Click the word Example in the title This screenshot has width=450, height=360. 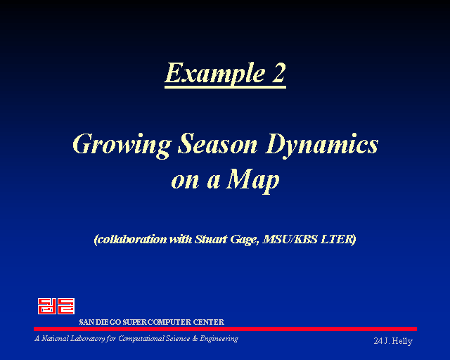pos(214,73)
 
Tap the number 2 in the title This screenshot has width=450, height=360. pos(278,72)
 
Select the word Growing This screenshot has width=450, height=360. pos(122,146)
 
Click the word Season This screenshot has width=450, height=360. pos(217,144)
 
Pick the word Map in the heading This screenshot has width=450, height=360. pos(252,181)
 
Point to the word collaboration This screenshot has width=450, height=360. pos(131,240)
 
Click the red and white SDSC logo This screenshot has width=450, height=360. pos(56,306)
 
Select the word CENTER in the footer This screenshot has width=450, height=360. pos(208,322)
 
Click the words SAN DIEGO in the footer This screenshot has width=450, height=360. pos(100,322)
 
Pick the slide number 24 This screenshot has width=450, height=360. pos(378,341)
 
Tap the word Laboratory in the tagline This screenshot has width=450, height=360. pos(87,339)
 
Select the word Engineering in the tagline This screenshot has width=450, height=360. pos(219,339)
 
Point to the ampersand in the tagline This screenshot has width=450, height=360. pos(195,339)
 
